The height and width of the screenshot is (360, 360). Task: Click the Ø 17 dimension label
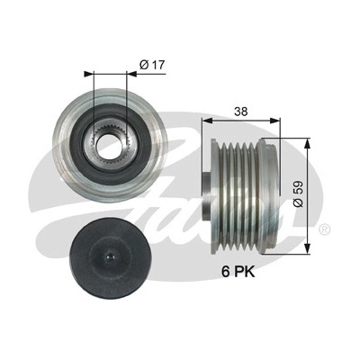point(152,65)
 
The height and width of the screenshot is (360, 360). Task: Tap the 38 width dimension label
point(241,112)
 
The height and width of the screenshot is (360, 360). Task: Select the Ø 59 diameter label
point(299,193)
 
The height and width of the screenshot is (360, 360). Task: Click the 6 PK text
point(238,272)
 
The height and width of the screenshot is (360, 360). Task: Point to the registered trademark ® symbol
point(326,229)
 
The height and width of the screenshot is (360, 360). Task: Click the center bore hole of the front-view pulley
point(110,145)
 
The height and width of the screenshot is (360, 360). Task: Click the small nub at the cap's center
point(110,256)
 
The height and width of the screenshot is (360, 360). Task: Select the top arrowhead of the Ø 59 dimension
point(307,144)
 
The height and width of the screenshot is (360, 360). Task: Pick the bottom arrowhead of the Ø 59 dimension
point(307,248)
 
